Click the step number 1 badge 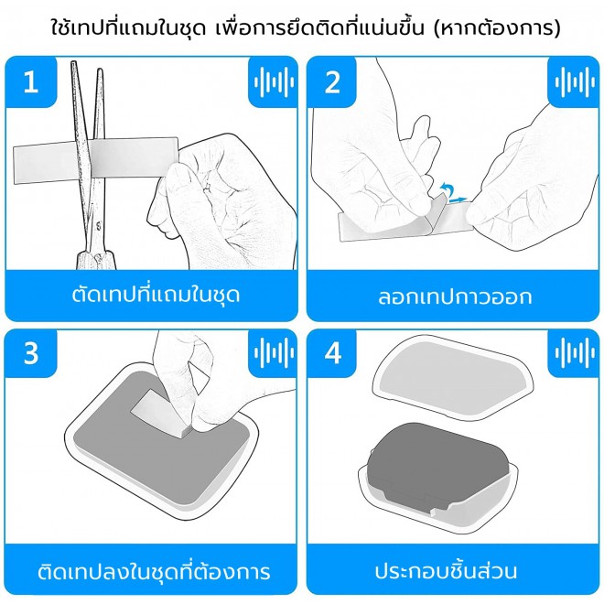31,81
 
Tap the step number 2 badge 332,81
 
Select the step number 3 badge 31,353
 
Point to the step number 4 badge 332,353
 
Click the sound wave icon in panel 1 273,81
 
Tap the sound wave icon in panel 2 574,81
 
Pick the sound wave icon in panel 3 273,353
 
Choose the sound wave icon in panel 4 574,353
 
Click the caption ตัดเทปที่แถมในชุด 156,295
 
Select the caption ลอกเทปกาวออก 455,297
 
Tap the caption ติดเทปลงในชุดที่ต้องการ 154,571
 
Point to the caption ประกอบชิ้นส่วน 446,571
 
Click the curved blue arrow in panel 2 447,189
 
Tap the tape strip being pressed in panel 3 158,412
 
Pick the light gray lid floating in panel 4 453,377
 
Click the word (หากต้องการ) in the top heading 497,27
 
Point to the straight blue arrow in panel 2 458,200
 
